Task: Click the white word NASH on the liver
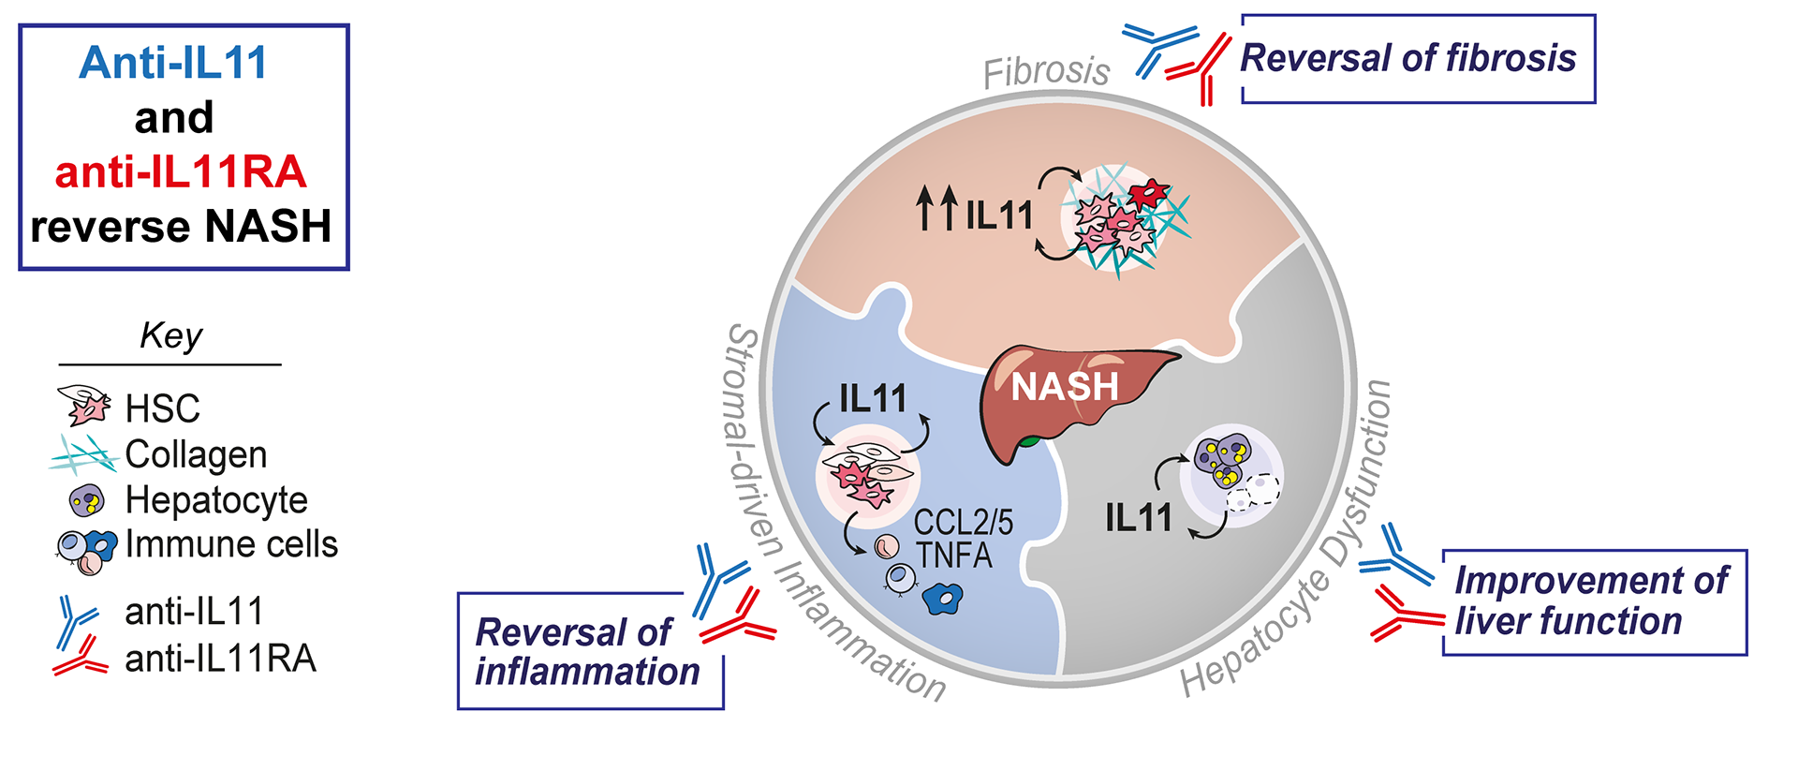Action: (x=1065, y=387)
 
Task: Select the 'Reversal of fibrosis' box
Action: (x=1417, y=58)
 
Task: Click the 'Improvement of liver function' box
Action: (x=1593, y=601)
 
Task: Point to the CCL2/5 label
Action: (x=963, y=523)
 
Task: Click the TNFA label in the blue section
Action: (x=953, y=556)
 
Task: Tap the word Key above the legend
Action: (x=170, y=335)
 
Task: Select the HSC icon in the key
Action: (x=83, y=406)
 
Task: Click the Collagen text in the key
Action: (x=196, y=454)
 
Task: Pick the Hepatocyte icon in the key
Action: (x=87, y=500)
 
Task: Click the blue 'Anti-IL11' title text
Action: (x=173, y=64)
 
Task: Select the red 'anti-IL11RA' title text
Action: (x=181, y=172)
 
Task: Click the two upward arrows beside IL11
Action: (x=937, y=208)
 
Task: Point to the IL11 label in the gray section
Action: (x=1138, y=518)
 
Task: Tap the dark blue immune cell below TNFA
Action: (x=942, y=597)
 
